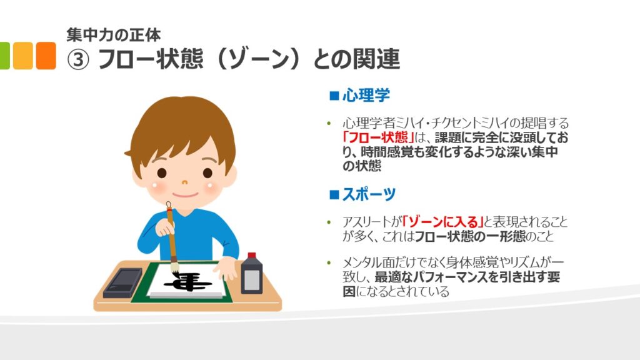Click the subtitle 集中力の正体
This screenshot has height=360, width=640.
pyautogui.click(x=114, y=35)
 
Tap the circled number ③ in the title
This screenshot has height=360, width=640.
pyautogui.click(x=77, y=59)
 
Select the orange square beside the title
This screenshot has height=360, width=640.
pyautogui.click(x=46, y=56)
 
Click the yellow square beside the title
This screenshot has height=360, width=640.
pyautogui.click(x=23, y=56)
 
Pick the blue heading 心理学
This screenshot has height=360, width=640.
pyautogui.click(x=366, y=96)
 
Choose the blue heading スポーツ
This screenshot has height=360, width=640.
pyautogui.click(x=369, y=194)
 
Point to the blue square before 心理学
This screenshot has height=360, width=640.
pyautogui.click(x=334, y=96)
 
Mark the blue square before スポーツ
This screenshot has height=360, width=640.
pyautogui.click(x=334, y=194)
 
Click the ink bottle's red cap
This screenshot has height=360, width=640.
pyautogui.click(x=252, y=256)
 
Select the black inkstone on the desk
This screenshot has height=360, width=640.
pyautogui.click(x=123, y=282)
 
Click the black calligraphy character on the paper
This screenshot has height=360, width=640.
pyautogui.click(x=187, y=282)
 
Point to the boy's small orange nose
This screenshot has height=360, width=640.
pyautogui.click(x=184, y=182)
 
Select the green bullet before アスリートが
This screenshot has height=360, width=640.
pyautogui.click(x=329, y=222)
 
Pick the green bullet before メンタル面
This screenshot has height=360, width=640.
pyautogui.click(x=329, y=262)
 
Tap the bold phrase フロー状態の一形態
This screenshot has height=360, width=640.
pyautogui.click(x=470, y=236)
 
